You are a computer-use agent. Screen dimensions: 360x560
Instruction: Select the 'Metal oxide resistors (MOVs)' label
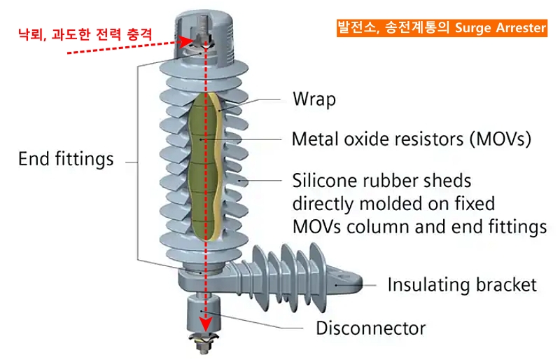(x=411, y=139)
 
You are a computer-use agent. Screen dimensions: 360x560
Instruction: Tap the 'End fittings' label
(x=66, y=159)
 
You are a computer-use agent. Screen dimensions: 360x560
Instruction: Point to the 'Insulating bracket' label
(x=462, y=284)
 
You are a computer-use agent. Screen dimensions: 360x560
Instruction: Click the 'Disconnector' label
(x=370, y=327)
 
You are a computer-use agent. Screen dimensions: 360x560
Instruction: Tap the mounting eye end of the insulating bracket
(x=346, y=281)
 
